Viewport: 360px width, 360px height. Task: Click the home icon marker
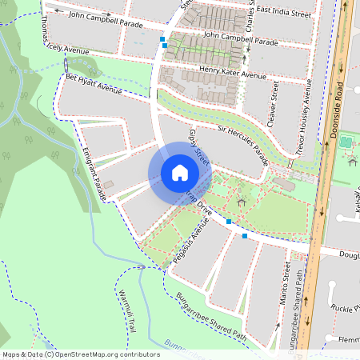pyautogui.click(x=179, y=174)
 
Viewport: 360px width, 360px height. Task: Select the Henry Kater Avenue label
pyautogui.click(x=232, y=75)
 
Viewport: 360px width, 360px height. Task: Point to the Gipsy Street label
pyautogui.click(x=198, y=148)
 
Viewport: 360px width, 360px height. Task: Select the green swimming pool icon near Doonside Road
pyautogui.click(x=346, y=142)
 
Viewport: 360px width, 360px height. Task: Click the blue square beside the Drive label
pyautogui.click(x=229, y=221)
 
